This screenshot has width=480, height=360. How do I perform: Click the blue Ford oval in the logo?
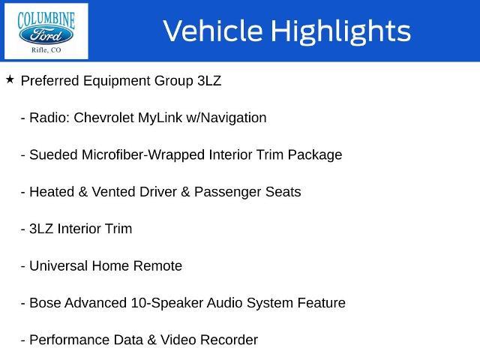click(x=46, y=35)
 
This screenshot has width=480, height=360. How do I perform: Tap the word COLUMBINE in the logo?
click(x=46, y=20)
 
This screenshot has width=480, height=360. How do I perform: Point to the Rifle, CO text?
click(x=46, y=50)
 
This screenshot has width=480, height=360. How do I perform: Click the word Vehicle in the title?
click(x=213, y=31)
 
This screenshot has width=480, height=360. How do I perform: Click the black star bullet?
click(x=10, y=79)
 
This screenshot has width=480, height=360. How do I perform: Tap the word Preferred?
click(x=50, y=81)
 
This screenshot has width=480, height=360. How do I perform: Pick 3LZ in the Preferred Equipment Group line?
click(x=209, y=81)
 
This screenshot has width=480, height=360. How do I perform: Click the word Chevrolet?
click(x=103, y=118)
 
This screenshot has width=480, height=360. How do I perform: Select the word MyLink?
click(x=160, y=118)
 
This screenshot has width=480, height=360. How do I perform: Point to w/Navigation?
click(x=226, y=118)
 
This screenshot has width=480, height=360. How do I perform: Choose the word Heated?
click(x=52, y=192)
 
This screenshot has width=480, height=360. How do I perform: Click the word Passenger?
click(x=227, y=193)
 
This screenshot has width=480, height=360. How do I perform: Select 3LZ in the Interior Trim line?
click(x=41, y=229)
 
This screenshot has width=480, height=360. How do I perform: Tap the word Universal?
click(x=58, y=266)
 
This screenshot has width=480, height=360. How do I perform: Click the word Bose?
click(x=45, y=303)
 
